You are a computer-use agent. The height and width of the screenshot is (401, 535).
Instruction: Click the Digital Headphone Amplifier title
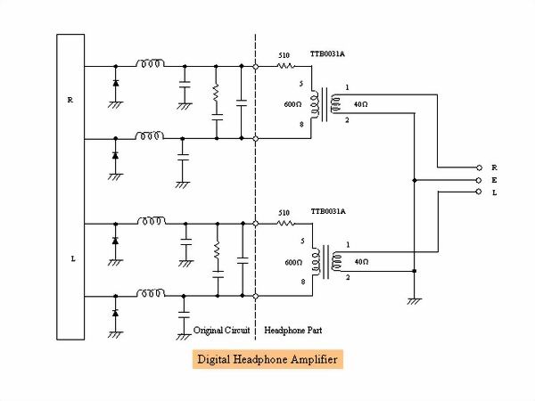[266, 360]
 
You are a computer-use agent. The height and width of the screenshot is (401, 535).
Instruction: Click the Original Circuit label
[221, 330]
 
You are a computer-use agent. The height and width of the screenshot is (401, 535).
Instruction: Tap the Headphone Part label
[293, 330]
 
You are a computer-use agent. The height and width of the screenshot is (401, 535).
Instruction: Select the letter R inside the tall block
[70, 99]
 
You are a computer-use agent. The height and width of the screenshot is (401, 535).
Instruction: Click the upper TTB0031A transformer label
[327, 54]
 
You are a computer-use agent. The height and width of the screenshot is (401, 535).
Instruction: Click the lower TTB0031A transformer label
[327, 213]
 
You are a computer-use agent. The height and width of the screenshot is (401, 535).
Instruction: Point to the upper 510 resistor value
[284, 54]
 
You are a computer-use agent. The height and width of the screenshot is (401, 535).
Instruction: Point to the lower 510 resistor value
[284, 213]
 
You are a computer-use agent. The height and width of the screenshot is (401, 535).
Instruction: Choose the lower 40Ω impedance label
[363, 261]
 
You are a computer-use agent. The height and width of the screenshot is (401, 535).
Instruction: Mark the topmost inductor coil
[150, 64]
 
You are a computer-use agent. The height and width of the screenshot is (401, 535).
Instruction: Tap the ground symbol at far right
[414, 301]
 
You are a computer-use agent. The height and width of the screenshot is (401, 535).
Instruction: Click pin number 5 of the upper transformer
[303, 86]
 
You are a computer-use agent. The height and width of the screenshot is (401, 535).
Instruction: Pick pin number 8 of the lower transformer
[303, 282]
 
